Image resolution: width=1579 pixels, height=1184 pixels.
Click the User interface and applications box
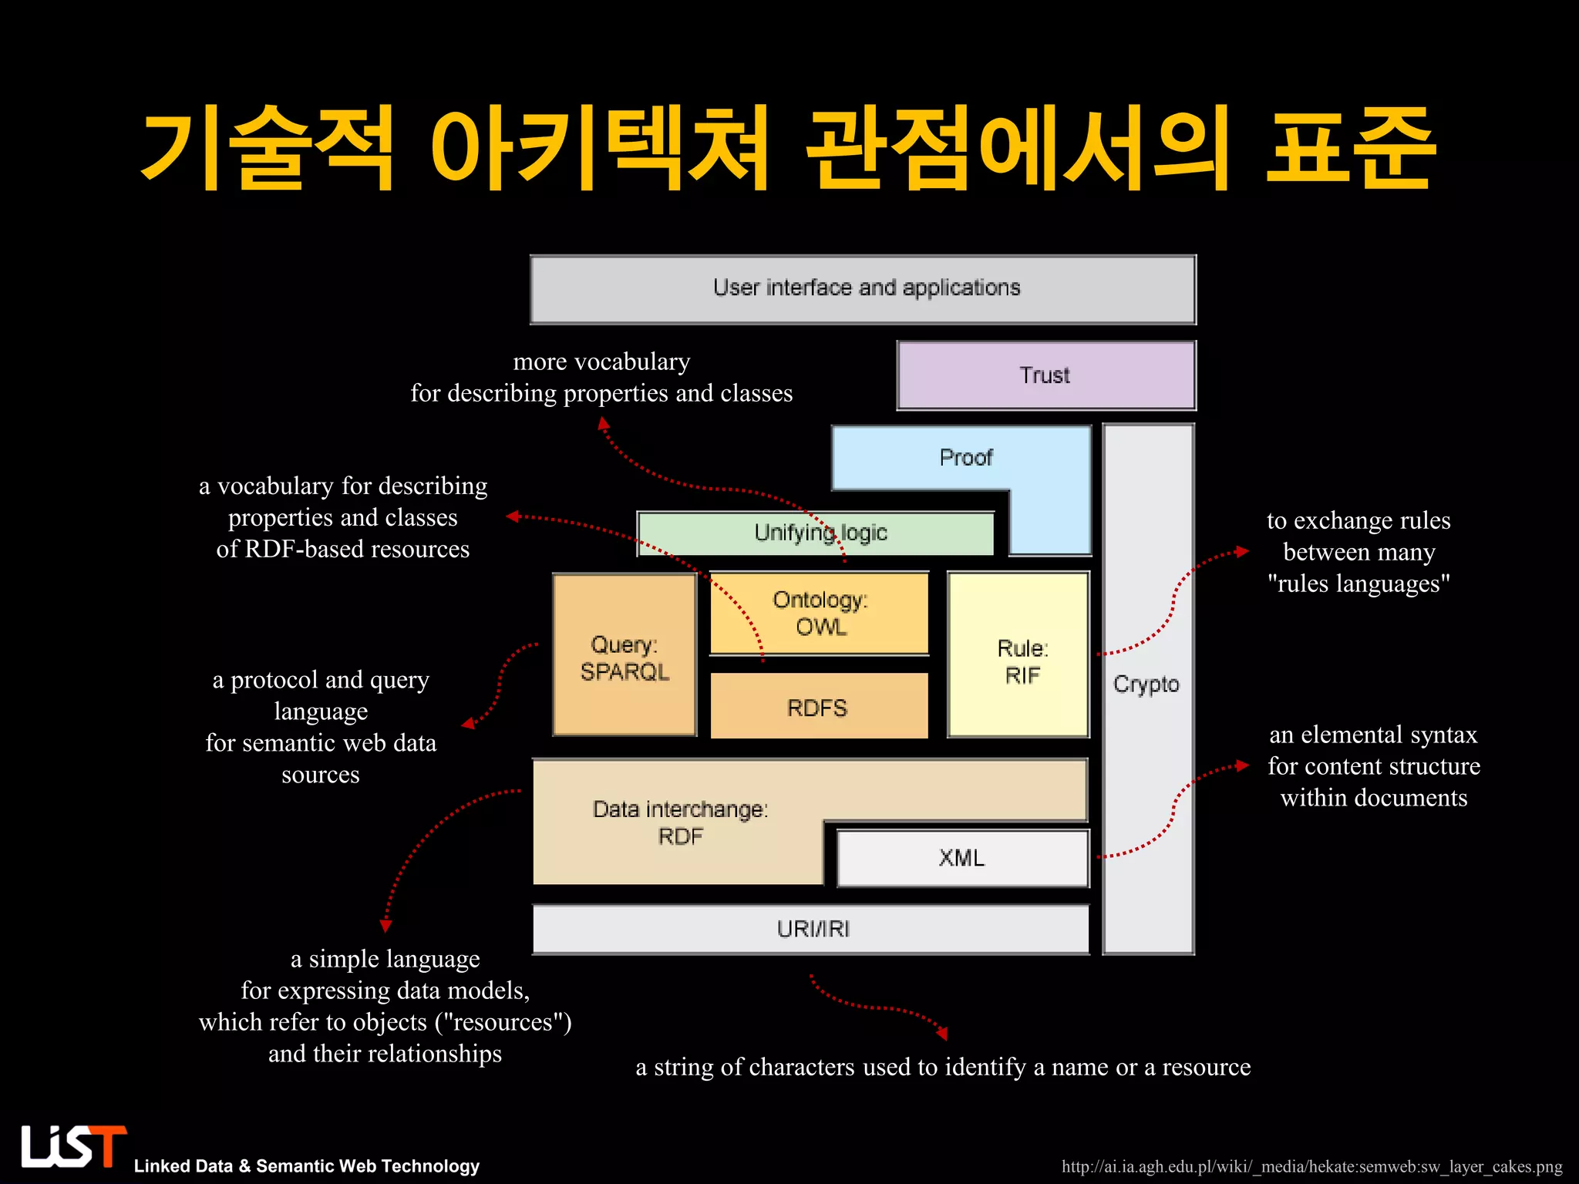pos(863,289)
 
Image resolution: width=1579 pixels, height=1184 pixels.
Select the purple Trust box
pos(1045,375)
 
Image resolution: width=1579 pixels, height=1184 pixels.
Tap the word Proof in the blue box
pos(965,458)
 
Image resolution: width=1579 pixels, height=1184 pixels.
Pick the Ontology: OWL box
pos(819,614)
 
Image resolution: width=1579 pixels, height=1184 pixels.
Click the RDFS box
pos(817,707)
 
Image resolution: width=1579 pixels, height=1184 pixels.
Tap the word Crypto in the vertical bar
pos(1146,684)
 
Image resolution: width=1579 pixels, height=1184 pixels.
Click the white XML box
pos(962,858)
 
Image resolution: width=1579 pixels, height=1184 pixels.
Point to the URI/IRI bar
pos(811,930)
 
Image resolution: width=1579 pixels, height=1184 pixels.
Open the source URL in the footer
pos(1311,1166)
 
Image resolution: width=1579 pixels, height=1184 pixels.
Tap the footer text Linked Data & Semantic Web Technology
pos(307,1166)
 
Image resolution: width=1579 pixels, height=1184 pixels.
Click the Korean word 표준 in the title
pos(1351,149)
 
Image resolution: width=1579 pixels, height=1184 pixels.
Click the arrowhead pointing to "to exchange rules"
pos(1242,551)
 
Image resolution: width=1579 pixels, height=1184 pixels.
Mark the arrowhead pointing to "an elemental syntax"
pos(1242,765)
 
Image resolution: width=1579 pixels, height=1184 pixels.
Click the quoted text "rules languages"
pos(1358,584)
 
